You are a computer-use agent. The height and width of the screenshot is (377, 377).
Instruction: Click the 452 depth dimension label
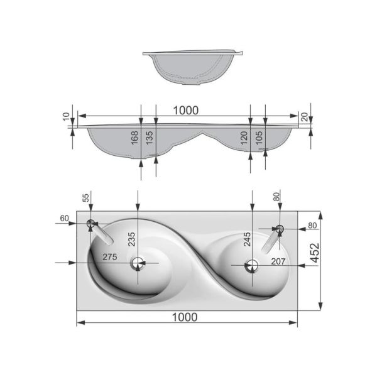[x=315, y=253]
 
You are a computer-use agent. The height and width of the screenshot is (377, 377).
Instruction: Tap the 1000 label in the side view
[x=186, y=111]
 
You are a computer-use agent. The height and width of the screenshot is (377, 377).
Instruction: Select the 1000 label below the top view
[x=185, y=317]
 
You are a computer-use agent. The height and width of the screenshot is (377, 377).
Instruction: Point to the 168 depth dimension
[x=134, y=138]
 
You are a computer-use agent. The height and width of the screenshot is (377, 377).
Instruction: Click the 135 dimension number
[x=150, y=138]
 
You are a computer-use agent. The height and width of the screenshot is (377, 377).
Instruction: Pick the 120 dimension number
[x=244, y=138]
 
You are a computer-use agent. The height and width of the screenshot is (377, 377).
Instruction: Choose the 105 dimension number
[x=259, y=138]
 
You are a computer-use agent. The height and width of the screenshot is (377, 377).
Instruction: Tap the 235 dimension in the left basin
[x=131, y=239]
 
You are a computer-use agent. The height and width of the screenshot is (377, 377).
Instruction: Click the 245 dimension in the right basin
[x=247, y=239]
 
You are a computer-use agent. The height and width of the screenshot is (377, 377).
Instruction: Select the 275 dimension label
[x=110, y=257]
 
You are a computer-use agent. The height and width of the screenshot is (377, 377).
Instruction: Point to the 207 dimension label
[x=278, y=261]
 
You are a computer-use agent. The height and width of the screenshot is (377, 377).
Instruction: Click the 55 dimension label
[x=86, y=198]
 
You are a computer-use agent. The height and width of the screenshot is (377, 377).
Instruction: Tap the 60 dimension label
[x=65, y=218]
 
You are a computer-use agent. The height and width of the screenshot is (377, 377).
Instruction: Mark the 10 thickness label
[x=66, y=116]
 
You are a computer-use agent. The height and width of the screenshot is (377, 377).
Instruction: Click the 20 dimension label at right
[x=304, y=117]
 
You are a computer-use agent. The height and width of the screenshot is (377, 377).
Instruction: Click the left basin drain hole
[x=138, y=263]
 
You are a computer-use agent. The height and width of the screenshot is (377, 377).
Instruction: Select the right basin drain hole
[x=251, y=266]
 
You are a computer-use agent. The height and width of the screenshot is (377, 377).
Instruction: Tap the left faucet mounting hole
[x=90, y=223]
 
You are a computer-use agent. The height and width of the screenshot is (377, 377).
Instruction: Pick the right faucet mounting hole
[x=280, y=229]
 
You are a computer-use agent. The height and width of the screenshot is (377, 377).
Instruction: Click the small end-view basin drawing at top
[x=193, y=68]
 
